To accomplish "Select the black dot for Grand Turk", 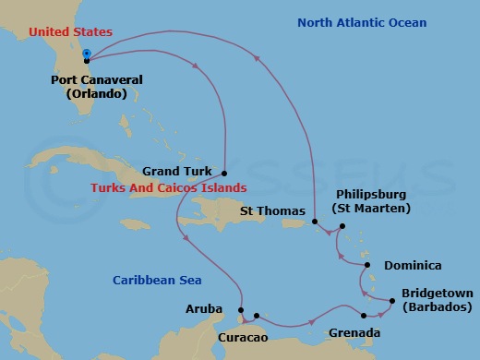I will coord(225,172).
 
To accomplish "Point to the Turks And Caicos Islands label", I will coord(167,187).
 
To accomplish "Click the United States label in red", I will coord(71,32).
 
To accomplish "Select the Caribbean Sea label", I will coord(158,280).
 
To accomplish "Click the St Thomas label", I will coord(271,210).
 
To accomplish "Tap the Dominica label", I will coord(413,265).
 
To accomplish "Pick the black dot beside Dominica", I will coord(368,265).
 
